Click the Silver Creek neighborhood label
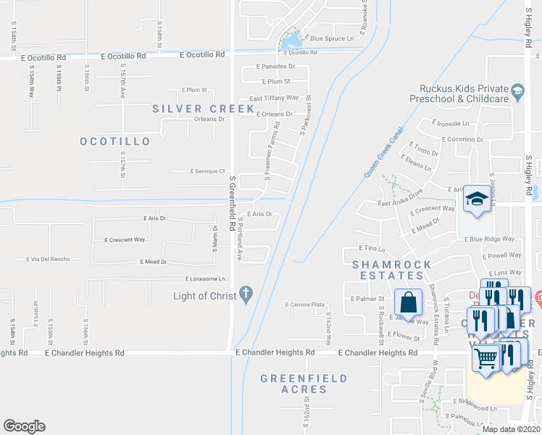click(204, 109)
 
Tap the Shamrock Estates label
click(391, 270)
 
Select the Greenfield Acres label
click(304, 384)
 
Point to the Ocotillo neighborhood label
click(115, 141)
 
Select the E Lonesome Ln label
click(206, 278)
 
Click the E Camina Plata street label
click(304, 304)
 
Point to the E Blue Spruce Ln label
click(334, 38)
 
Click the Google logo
click(24, 426)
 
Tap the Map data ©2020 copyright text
click(510, 428)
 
